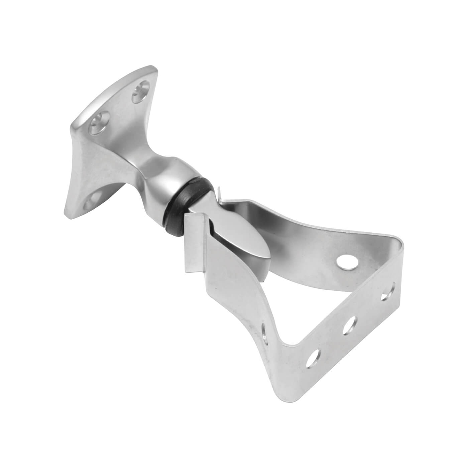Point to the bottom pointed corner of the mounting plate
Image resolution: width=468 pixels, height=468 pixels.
click(69, 214)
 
